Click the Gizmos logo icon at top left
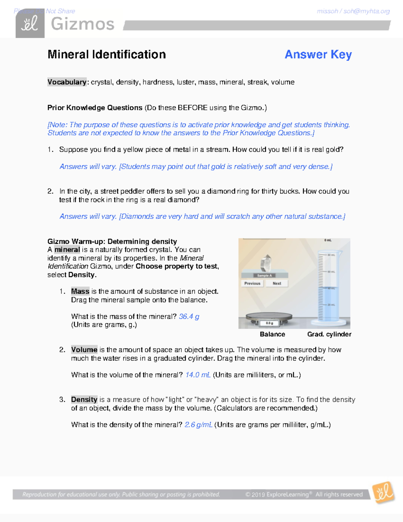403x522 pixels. point(30,24)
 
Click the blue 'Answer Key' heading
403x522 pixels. point(318,54)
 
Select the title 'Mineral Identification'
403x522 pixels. point(106,54)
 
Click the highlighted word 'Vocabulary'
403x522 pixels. point(67,82)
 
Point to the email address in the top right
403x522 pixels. point(353,11)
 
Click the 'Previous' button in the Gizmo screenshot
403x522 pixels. point(252,283)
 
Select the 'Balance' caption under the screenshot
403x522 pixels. point(272,334)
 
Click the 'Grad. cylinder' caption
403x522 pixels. point(329,334)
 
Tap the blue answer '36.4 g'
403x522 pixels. point(189,316)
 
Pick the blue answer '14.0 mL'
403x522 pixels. point(198,375)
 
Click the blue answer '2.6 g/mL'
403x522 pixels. point(198,425)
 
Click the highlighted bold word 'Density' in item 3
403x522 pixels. point(84,399)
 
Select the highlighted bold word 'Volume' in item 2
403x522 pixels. point(84,350)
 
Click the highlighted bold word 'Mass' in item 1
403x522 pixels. point(80,291)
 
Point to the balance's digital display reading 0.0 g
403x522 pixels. point(269,323)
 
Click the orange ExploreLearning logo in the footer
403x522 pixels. point(383,493)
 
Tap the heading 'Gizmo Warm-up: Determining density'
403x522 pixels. point(112,241)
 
